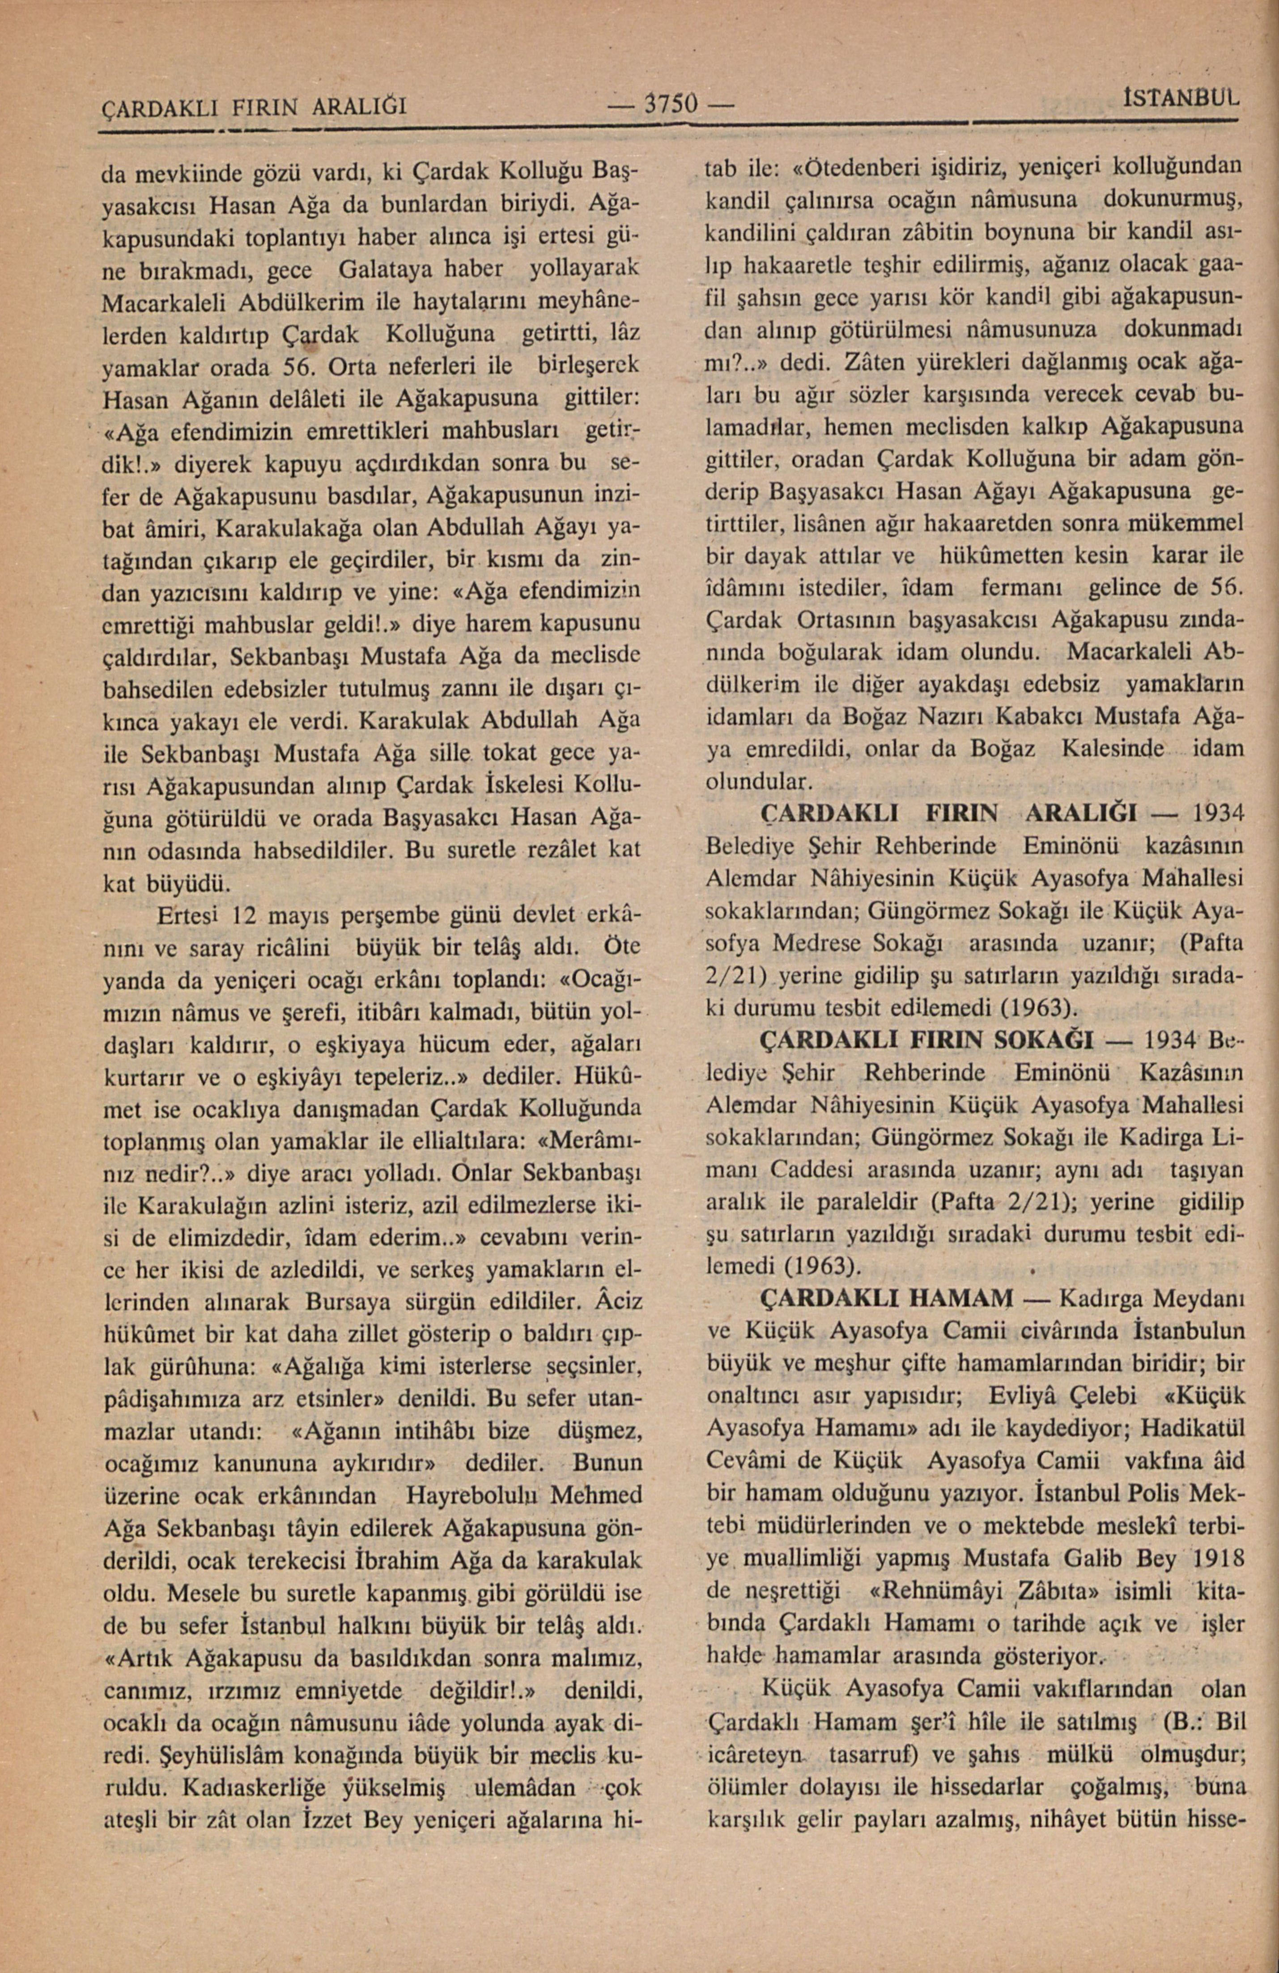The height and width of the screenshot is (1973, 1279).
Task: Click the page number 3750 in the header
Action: click(673, 105)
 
